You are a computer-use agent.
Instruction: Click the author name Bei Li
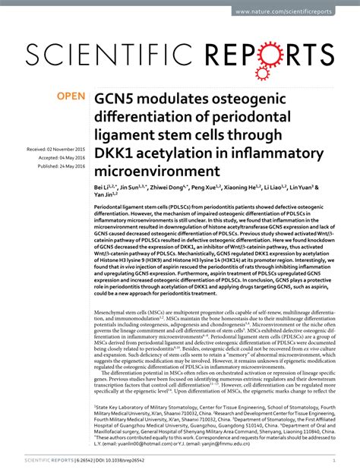[104, 186]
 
